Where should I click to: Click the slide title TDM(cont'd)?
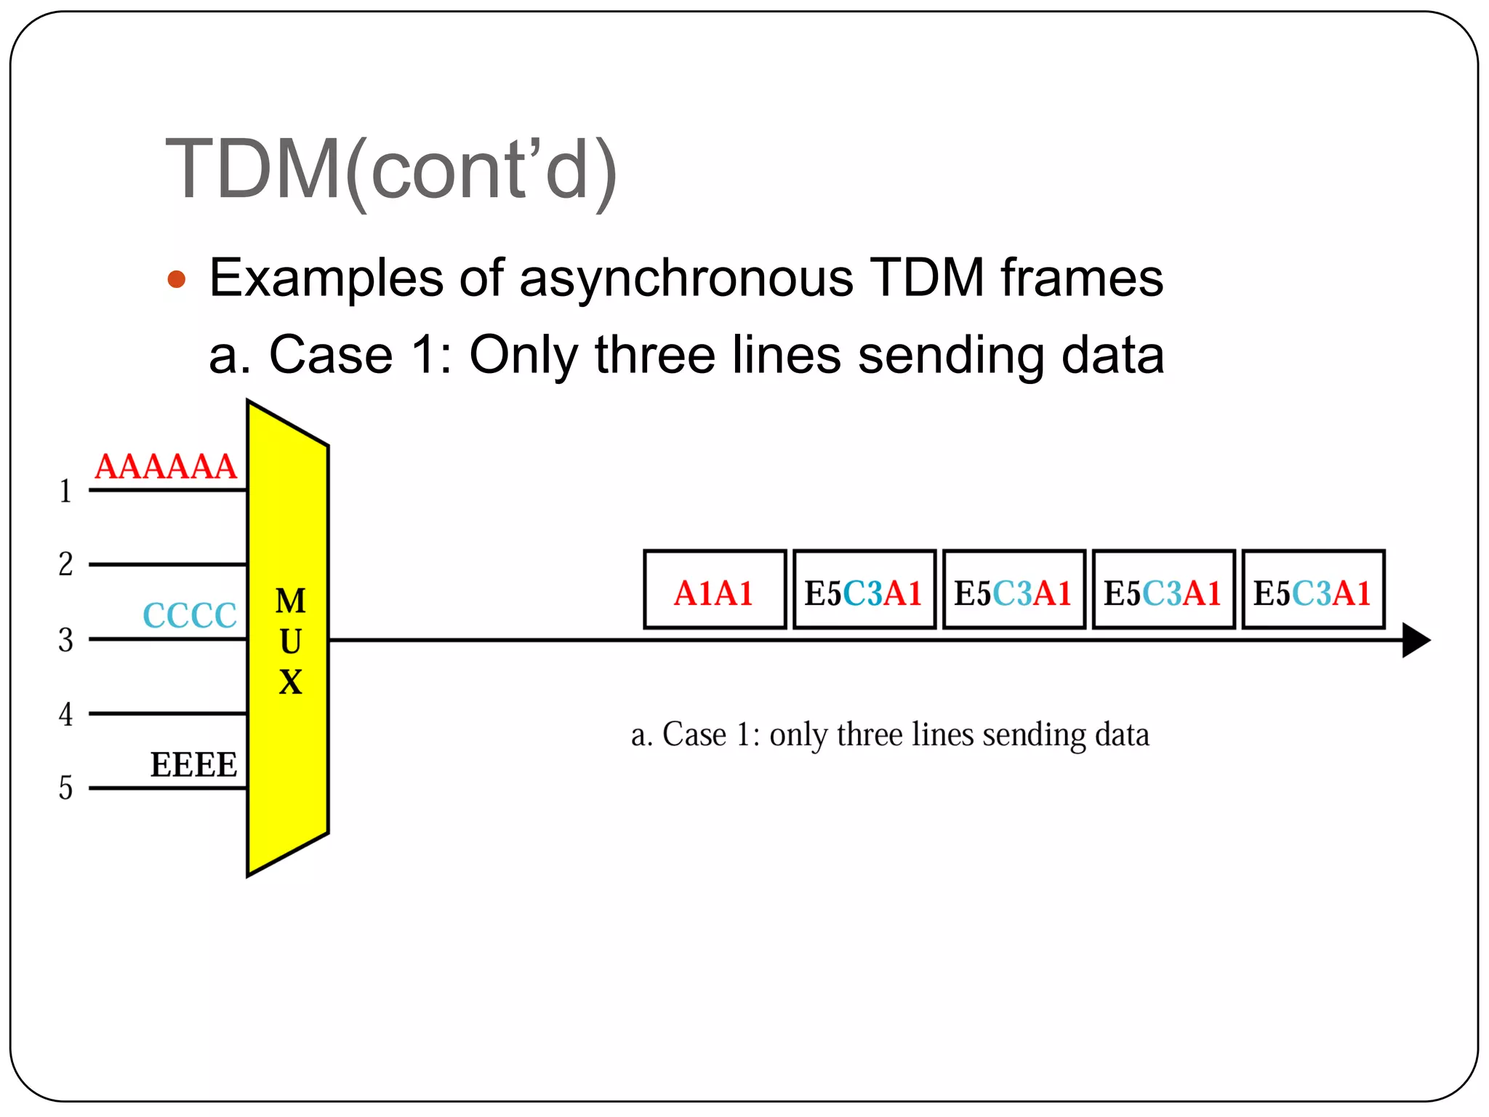(391, 170)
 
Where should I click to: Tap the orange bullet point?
(177, 279)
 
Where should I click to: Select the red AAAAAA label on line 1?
(166, 467)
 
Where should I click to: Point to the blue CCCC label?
(190, 616)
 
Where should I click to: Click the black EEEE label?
(193, 765)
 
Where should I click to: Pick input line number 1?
(65, 492)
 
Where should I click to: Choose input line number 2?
(65, 564)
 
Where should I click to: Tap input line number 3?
(65, 641)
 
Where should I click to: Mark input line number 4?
(65, 715)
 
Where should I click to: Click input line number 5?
(65, 788)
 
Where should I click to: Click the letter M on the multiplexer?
(290, 601)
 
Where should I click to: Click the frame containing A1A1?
(715, 590)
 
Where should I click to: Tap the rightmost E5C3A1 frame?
(1313, 590)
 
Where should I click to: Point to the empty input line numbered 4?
(167, 714)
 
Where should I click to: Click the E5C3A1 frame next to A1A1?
(864, 590)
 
